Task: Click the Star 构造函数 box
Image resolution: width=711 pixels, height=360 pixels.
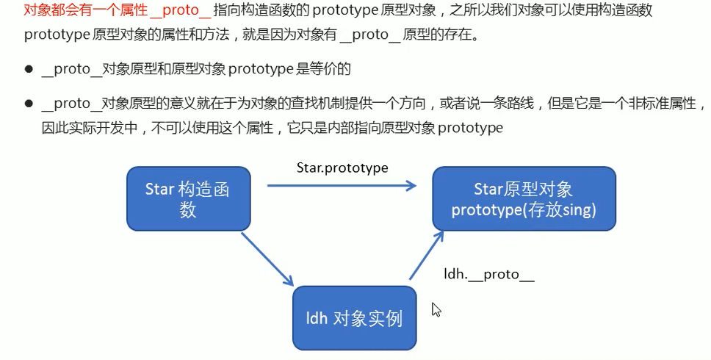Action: [x=189, y=198]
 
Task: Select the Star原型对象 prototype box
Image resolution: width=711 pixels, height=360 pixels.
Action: [x=524, y=199]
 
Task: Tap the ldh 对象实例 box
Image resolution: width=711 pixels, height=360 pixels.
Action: [x=354, y=318]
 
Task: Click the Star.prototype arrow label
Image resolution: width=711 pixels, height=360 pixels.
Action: [x=342, y=168]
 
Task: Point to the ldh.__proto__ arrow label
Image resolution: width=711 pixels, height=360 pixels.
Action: [x=489, y=275]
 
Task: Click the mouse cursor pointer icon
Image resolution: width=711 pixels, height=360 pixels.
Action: [x=436, y=309]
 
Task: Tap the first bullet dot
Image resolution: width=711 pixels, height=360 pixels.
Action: [x=29, y=70]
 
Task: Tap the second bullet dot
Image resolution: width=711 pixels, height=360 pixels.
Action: [x=29, y=104]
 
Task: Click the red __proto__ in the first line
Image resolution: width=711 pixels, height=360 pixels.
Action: [x=180, y=11]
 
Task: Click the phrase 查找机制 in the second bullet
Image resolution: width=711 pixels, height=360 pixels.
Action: [x=257, y=104]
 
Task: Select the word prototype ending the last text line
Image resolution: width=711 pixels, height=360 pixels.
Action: [x=470, y=128]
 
